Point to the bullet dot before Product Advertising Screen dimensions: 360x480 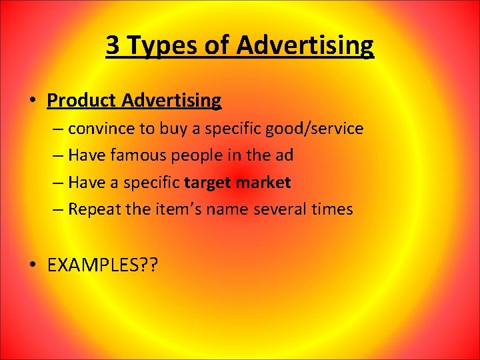(33, 101)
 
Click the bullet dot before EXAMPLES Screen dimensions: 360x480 (33, 265)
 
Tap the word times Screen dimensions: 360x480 (329, 209)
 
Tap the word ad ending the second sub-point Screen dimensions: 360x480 (283, 155)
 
